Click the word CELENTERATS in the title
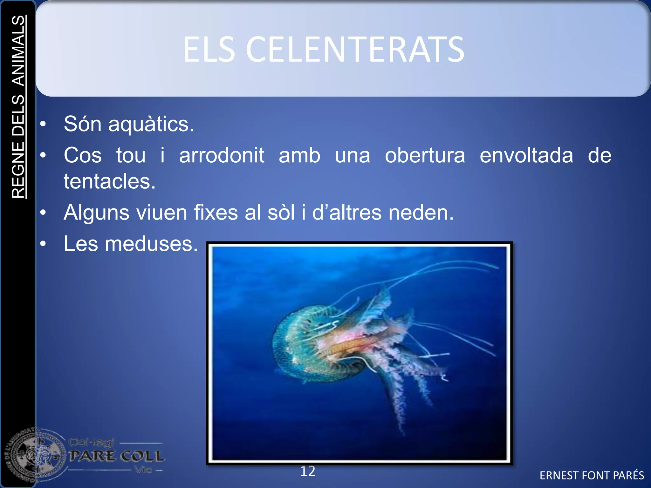point(355,50)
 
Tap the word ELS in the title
point(209,50)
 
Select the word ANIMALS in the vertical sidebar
point(18,51)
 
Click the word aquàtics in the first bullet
point(151,124)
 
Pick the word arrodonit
point(222,155)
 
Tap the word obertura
point(425,155)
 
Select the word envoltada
point(526,155)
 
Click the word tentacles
point(110,181)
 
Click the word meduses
point(151,244)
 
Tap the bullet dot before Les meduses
point(43,244)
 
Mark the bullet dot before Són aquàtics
point(43,124)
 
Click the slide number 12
point(308,471)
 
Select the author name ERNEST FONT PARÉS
point(592,475)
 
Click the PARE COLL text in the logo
point(117,456)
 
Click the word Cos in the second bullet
point(83,155)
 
